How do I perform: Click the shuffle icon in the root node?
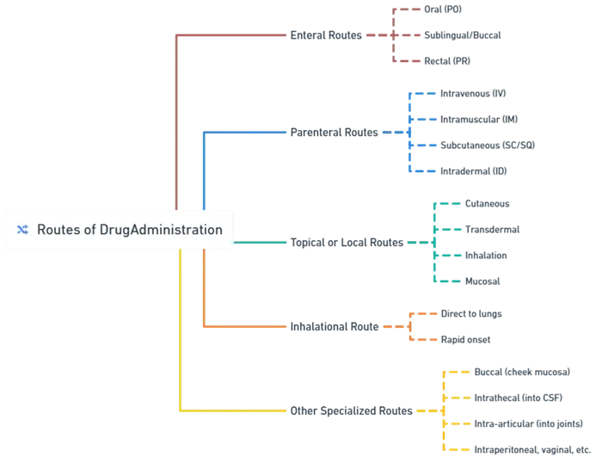point(22,230)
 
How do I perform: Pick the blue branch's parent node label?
point(334,133)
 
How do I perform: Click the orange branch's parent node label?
point(334,327)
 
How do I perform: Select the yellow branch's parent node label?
point(349,411)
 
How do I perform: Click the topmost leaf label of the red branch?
point(445,9)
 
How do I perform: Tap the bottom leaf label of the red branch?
point(447,62)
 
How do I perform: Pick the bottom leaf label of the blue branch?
point(474,171)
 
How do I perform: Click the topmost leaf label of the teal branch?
point(488,204)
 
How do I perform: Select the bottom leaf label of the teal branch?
point(481,281)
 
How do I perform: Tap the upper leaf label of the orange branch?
point(470,314)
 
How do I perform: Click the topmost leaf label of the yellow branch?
point(523,372)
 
